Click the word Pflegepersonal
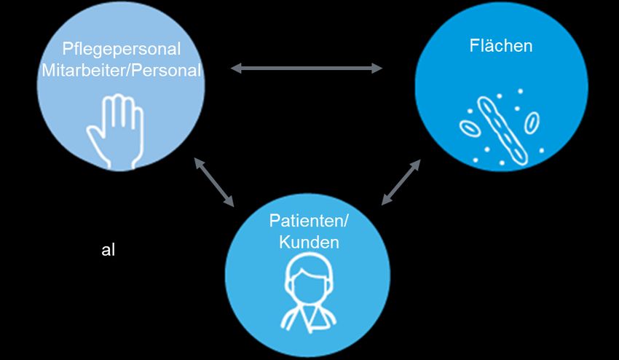(121, 50)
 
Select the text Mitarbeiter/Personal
(121, 71)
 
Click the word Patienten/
(309, 222)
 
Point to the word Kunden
(309, 242)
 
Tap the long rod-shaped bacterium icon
(502, 127)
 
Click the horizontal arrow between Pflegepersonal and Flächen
(307, 69)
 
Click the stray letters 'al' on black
(108, 250)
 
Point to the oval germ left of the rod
(470, 128)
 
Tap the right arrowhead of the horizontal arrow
(377, 69)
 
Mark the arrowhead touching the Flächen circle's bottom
(416, 165)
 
